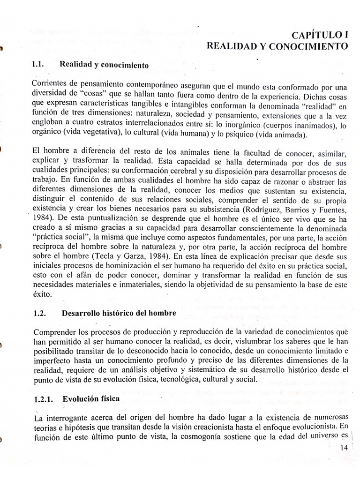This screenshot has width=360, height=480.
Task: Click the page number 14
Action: click(345, 448)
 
